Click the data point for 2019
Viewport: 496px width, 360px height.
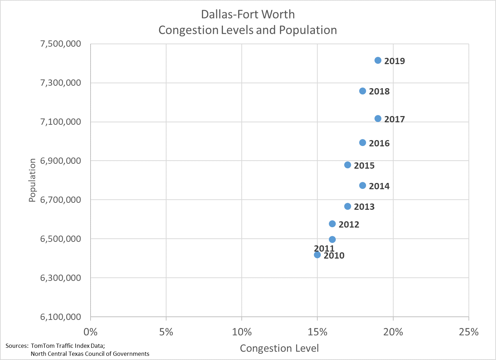(378, 60)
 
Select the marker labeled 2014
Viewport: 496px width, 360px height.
(363, 185)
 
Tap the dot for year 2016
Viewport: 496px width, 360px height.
(363, 143)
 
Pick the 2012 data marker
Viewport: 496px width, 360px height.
(332, 224)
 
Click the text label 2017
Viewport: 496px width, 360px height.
(394, 119)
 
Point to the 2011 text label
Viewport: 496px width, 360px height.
(324, 248)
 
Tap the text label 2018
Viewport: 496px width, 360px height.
(379, 91)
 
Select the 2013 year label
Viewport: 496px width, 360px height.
(364, 207)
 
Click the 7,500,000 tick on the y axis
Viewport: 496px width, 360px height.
(61, 44)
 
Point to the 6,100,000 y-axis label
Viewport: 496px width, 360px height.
(61, 317)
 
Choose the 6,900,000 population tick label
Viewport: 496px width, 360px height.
(61, 161)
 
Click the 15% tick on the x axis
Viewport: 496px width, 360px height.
(317, 332)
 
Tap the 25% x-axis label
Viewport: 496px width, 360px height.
(468, 332)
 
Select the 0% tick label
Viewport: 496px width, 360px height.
(91, 332)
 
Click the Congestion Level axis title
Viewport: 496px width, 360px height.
(279, 348)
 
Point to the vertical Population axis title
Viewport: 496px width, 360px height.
(32, 180)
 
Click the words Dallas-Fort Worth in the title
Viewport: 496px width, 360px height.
(248, 14)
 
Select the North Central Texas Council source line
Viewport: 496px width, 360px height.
(90, 354)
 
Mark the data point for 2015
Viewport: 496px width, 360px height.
(348, 165)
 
